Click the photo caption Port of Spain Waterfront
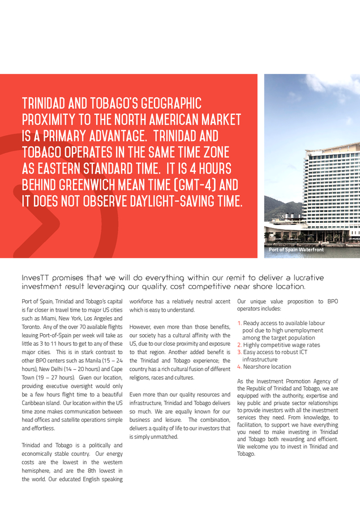point(296,249)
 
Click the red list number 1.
point(239,323)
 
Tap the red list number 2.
point(239,345)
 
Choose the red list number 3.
point(239,352)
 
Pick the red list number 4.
point(239,366)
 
